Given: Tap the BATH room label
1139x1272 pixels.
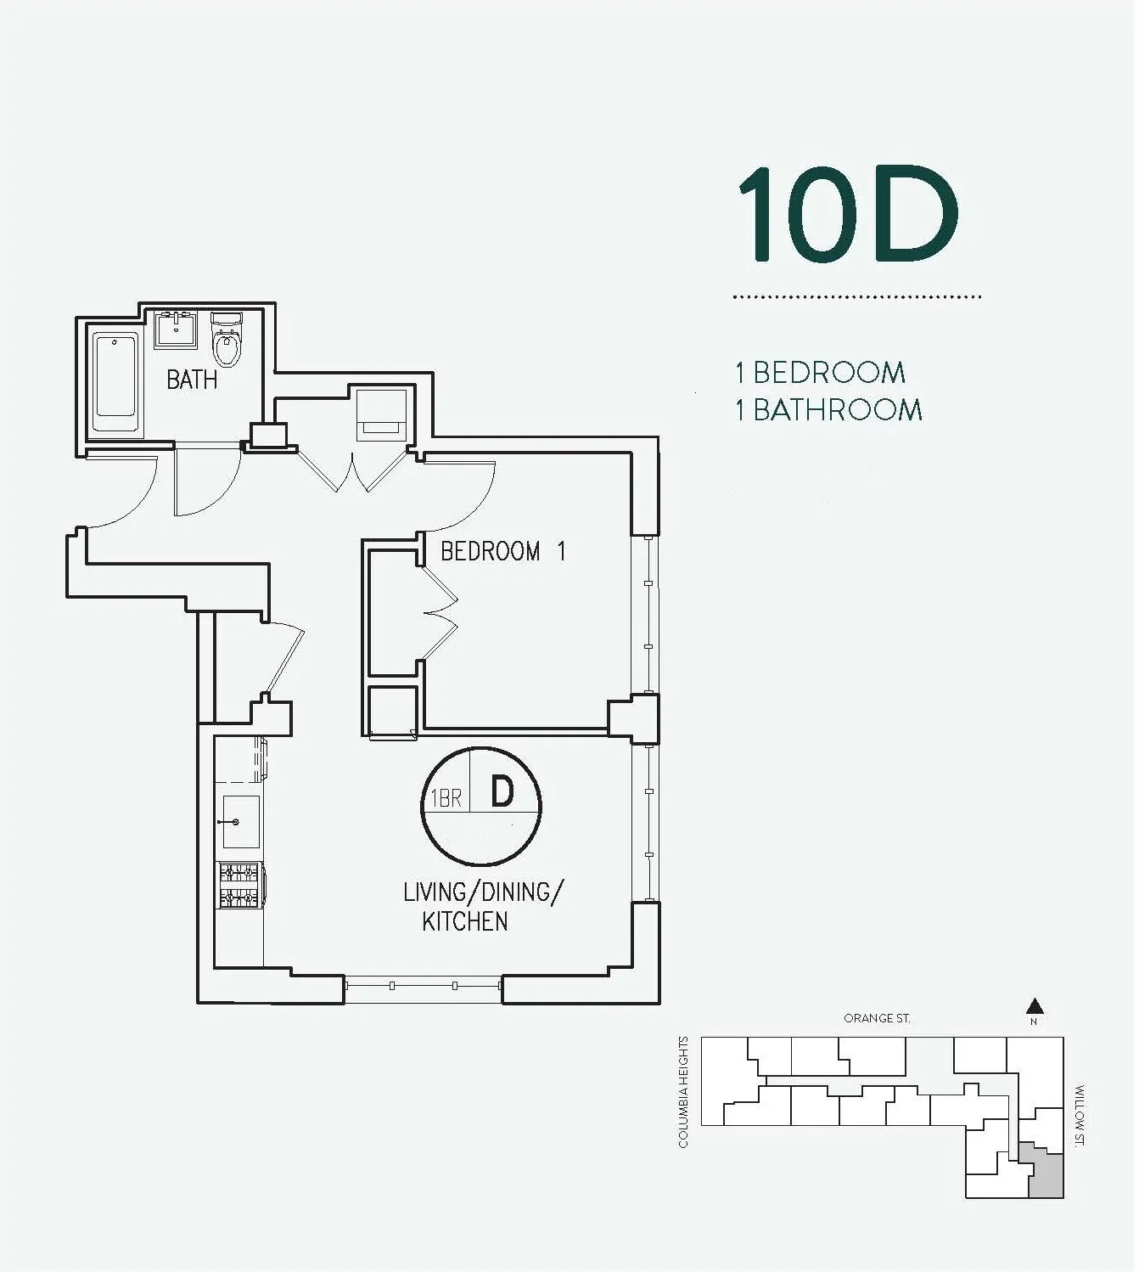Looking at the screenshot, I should [192, 380].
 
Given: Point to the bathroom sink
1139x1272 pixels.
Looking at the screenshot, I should [177, 329].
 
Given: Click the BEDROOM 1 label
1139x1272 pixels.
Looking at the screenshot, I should [502, 552].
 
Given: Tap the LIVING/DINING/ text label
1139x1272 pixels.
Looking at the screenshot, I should [483, 892].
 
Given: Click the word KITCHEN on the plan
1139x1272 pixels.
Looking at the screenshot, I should [465, 922].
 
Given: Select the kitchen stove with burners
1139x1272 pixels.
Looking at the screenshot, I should [239, 884].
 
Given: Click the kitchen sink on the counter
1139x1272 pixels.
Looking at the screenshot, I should [240, 822].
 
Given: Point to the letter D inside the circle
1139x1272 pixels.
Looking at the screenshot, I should [502, 791].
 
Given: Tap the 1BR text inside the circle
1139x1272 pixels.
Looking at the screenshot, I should [446, 798].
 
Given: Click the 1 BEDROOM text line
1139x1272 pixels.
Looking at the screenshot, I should [820, 373].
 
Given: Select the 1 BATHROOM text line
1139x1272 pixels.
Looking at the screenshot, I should [828, 410].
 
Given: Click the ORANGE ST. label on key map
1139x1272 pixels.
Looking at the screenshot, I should [877, 1018].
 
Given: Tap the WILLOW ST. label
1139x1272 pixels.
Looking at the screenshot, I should [1080, 1115].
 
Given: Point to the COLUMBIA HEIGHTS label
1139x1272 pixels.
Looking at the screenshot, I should [683, 1092].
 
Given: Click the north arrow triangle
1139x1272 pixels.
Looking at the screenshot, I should [1034, 1007].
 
